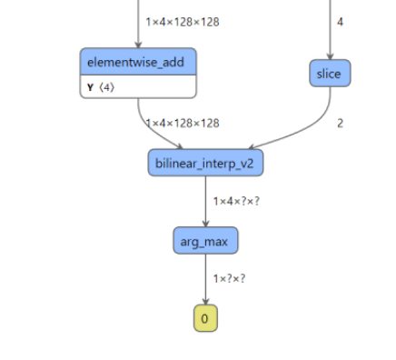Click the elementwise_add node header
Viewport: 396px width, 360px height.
pos(138,62)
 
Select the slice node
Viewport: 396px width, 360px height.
pos(329,74)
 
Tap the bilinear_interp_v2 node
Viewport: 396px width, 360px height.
pos(205,163)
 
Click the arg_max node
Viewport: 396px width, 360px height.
pos(205,241)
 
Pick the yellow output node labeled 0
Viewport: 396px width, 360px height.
pos(205,318)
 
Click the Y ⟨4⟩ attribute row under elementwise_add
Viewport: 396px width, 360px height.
pos(138,87)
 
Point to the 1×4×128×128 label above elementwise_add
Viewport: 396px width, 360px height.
pos(182,21)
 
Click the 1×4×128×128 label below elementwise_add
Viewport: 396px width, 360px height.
pos(182,123)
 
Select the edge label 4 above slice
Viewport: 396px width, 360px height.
pos(340,21)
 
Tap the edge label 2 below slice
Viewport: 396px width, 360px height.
pos(340,123)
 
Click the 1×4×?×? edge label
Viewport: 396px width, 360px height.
pos(236,201)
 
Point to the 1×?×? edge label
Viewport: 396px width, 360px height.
pos(231,278)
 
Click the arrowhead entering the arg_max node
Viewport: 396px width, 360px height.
pos(205,224)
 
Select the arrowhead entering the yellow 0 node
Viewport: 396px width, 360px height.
pos(205,302)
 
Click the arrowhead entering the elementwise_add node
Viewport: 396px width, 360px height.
pos(138,45)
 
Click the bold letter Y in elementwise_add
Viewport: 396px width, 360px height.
pos(90,87)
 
